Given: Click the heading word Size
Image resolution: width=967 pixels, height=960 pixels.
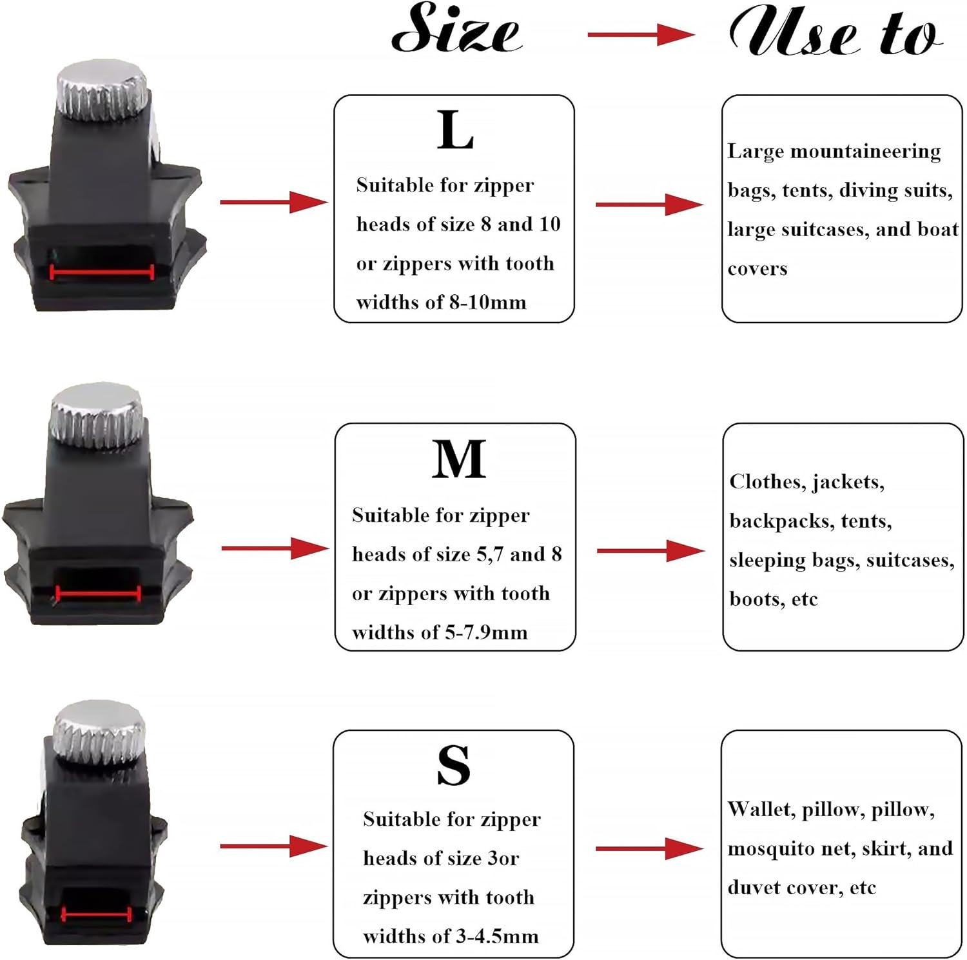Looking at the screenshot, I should [456, 29].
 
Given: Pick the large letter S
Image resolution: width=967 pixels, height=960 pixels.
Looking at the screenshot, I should [453, 765].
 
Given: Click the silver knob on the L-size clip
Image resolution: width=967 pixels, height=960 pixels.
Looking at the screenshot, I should [102, 90].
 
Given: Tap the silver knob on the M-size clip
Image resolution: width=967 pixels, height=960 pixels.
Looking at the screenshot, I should [97, 414].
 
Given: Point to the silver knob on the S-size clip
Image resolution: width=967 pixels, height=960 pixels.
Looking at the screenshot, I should [99, 731].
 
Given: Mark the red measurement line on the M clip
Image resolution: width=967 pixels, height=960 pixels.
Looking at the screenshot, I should [98, 594].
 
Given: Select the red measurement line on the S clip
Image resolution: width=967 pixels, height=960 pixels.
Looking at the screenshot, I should [96, 915].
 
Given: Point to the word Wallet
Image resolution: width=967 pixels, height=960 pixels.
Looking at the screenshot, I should [761, 809].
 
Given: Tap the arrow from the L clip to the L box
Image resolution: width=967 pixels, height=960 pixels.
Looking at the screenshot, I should [273, 202].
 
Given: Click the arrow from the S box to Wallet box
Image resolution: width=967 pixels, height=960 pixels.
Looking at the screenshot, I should [649, 848].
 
